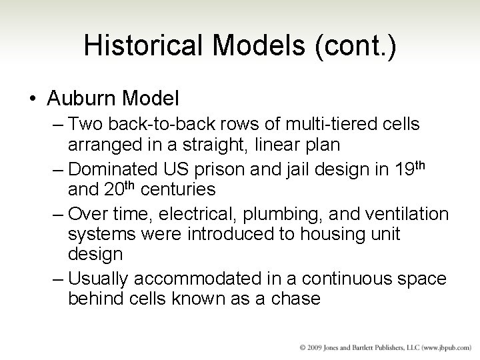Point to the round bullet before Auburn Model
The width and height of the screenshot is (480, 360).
click(x=33, y=99)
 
